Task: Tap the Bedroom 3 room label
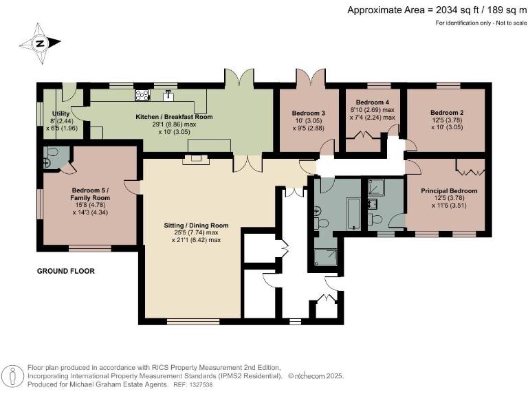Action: [x=308, y=113]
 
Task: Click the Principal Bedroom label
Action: [x=449, y=190]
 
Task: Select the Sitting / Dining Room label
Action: [x=196, y=225]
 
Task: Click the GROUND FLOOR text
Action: [x=65, y=272]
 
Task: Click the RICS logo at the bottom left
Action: [x=13, y=376]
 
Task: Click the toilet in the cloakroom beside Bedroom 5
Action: [x=47, y=162]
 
